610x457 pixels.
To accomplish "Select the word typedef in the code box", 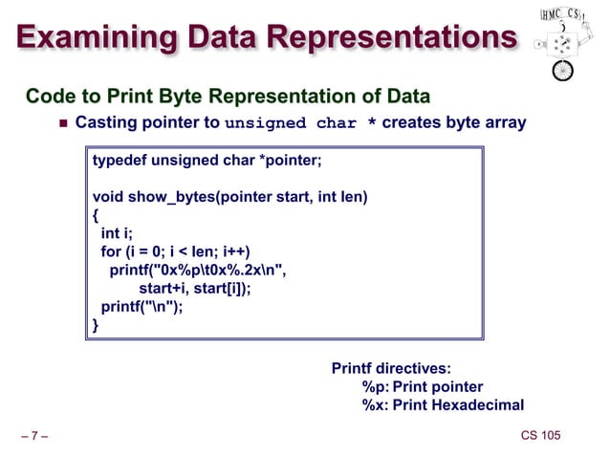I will (x=116, y=160).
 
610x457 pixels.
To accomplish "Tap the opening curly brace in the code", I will (x=96, y=215).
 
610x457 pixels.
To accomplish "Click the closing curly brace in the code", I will (x=96, y=325).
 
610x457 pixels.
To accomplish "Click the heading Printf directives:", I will (x=391, y=368).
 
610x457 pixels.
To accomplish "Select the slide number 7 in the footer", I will (x=34, y=438).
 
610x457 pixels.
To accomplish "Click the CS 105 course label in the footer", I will (x=540, y=437).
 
